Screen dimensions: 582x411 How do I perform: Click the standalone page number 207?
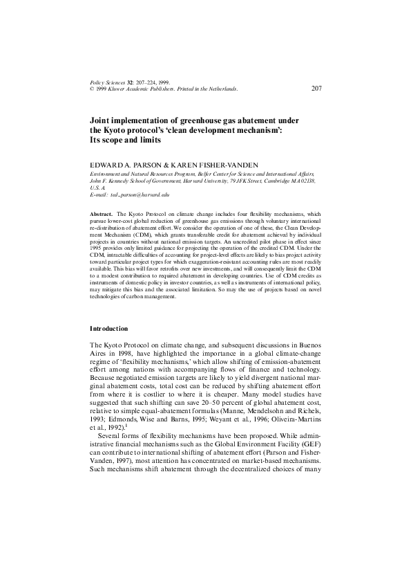tap(317, 88)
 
